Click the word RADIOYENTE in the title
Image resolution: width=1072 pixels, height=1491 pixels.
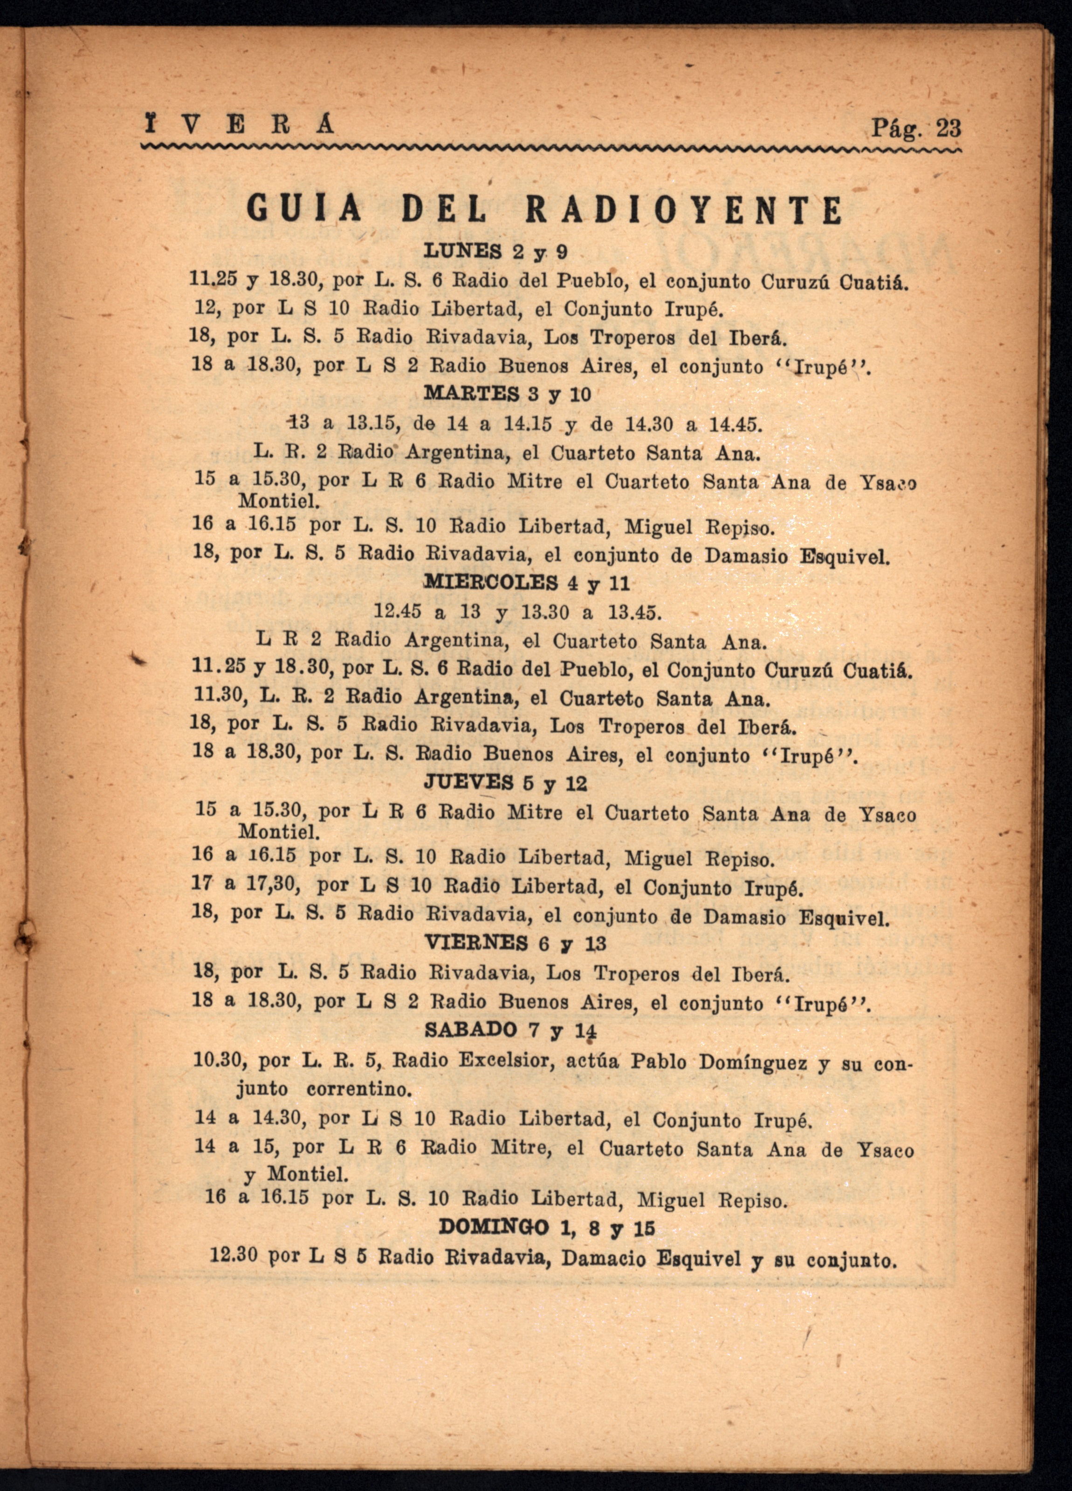(684, 210)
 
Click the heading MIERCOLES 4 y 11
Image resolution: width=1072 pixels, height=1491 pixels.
(527, 582)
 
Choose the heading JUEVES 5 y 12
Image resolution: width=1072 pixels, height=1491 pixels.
(505, 782)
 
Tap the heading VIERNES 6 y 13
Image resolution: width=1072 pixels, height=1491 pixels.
(515, 943)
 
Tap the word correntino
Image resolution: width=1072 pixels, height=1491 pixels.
(359, 1089)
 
